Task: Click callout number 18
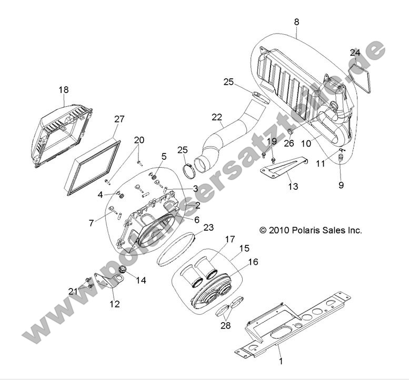point(64,90)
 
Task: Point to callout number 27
point(119,119)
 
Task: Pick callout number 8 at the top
point(296,23)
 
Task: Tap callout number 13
point(293,186)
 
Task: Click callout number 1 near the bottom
point(281,361)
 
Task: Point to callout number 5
point(164,156)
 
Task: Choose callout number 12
point(114,304)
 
